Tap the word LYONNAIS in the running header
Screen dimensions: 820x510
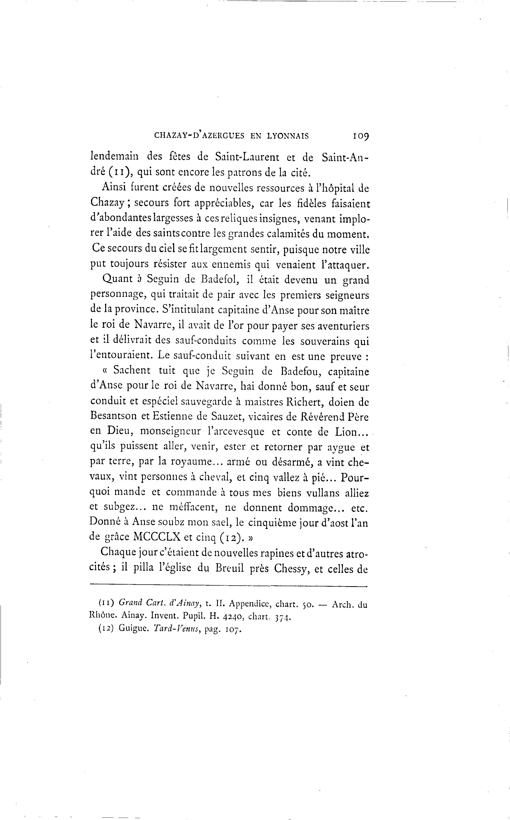(x=288, y=136)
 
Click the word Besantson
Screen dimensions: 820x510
(x=114, y=417)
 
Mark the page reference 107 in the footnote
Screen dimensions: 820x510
(x=233, y=630)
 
